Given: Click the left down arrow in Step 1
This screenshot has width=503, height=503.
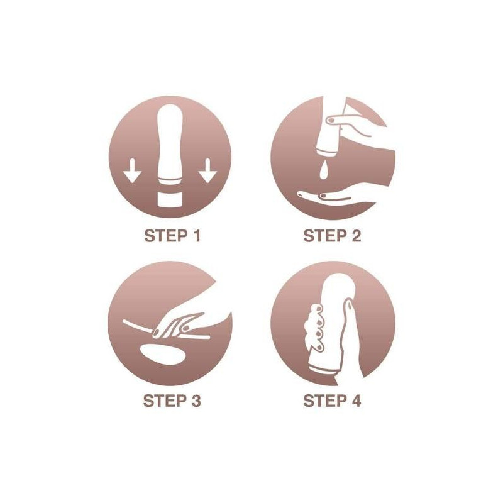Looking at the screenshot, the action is tap(132, 170).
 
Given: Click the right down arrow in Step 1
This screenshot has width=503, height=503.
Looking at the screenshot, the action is tap(207, 170).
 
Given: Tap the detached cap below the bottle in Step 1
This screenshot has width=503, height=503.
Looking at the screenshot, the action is tap(170, 199).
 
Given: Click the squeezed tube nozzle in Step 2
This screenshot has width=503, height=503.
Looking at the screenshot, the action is tap(326, 150).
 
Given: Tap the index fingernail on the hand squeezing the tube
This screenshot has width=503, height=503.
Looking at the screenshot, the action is tap(331, 120).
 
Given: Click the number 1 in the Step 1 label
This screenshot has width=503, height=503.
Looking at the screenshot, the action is tap(196, 236).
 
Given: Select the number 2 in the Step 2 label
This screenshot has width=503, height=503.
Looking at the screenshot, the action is tap(356, 236).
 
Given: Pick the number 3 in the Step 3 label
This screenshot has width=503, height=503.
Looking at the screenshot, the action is tap(196, 401).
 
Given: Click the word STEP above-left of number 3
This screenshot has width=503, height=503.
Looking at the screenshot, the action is tap(165, 401).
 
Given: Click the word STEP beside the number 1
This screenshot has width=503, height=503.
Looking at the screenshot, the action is tap(165, 236).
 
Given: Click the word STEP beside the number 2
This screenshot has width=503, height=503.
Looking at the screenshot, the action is tap(325, 236).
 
